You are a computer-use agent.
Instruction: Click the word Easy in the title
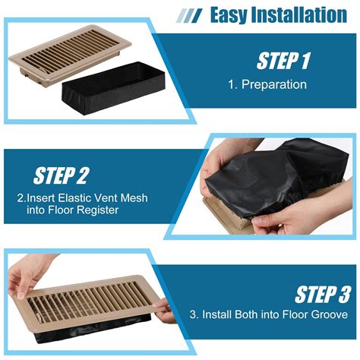pos(232,14)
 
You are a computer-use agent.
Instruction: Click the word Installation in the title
pos(302,14)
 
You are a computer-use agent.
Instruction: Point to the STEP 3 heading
pos(322,295)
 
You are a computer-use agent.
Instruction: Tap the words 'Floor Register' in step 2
pos(85,210)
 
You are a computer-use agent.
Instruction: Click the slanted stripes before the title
pos(189,15)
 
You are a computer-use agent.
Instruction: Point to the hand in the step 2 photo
pos(295,216)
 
